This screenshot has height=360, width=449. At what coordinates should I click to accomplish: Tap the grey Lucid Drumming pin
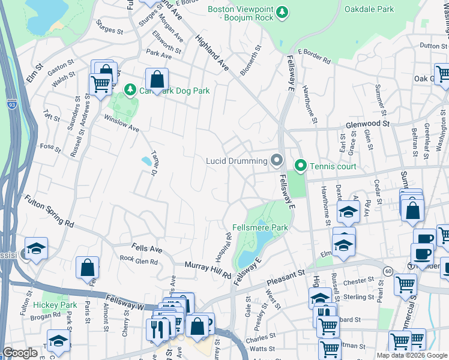click(x=276, y=160)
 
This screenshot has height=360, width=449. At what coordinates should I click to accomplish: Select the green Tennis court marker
click(x=300, y=166)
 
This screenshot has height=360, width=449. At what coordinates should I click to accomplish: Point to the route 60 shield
click(x=389, y=271)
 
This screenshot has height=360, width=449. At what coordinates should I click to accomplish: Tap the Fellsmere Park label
click(x=261, y=227)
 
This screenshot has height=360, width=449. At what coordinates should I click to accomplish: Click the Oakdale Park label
click(x=369, y=9)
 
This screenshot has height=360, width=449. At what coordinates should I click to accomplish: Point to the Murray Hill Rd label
click(x=208, y=269)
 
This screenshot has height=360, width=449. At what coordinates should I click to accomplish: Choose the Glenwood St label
click(x=368, y=124)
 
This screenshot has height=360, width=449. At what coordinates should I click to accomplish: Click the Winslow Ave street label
click(x=121, y=124)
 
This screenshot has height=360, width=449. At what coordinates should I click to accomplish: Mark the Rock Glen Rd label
click(x=138, y=260)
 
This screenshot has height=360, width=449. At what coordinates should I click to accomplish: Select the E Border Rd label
click(x=314, y=61)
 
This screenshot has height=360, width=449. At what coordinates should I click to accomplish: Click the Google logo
click(x=20, y=352)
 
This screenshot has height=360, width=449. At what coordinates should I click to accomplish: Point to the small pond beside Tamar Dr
click(x=146, y=161)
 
